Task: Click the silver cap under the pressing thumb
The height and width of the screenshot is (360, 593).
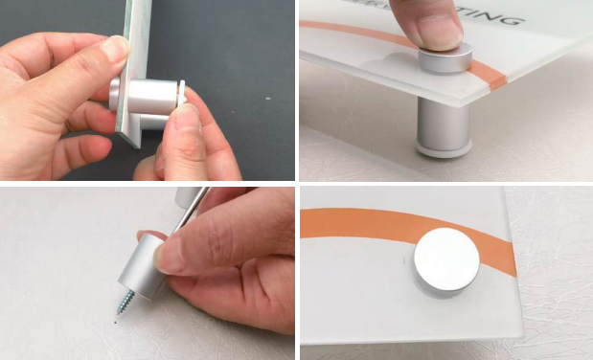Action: (x=444, y=60)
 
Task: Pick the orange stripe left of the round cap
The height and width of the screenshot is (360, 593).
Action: (x=354, y=224)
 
